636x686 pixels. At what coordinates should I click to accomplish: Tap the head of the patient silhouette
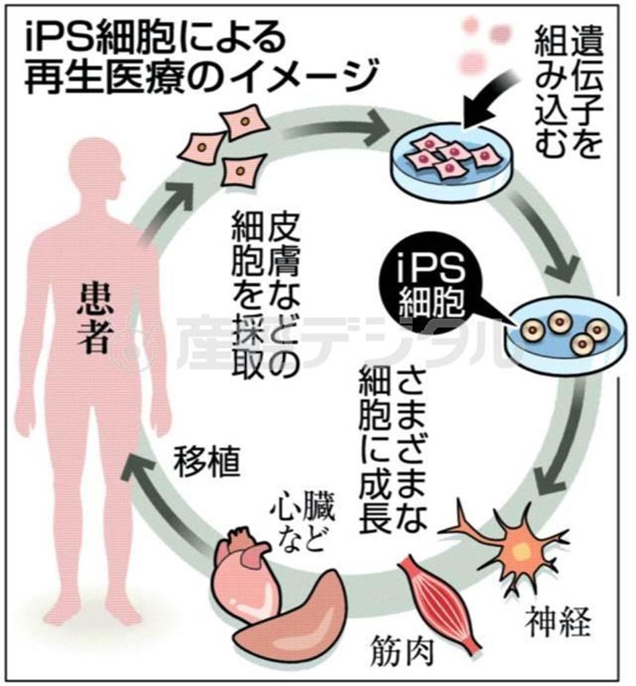tap(97, 168)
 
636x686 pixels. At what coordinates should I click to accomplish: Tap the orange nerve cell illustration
tap(513, 546)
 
